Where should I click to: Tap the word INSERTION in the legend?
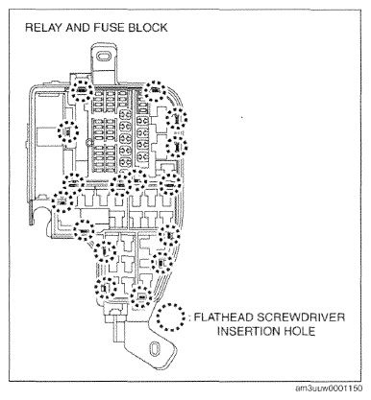click(245, 333)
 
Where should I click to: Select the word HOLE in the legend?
click(303, 333)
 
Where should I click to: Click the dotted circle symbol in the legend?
click(170, 318)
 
